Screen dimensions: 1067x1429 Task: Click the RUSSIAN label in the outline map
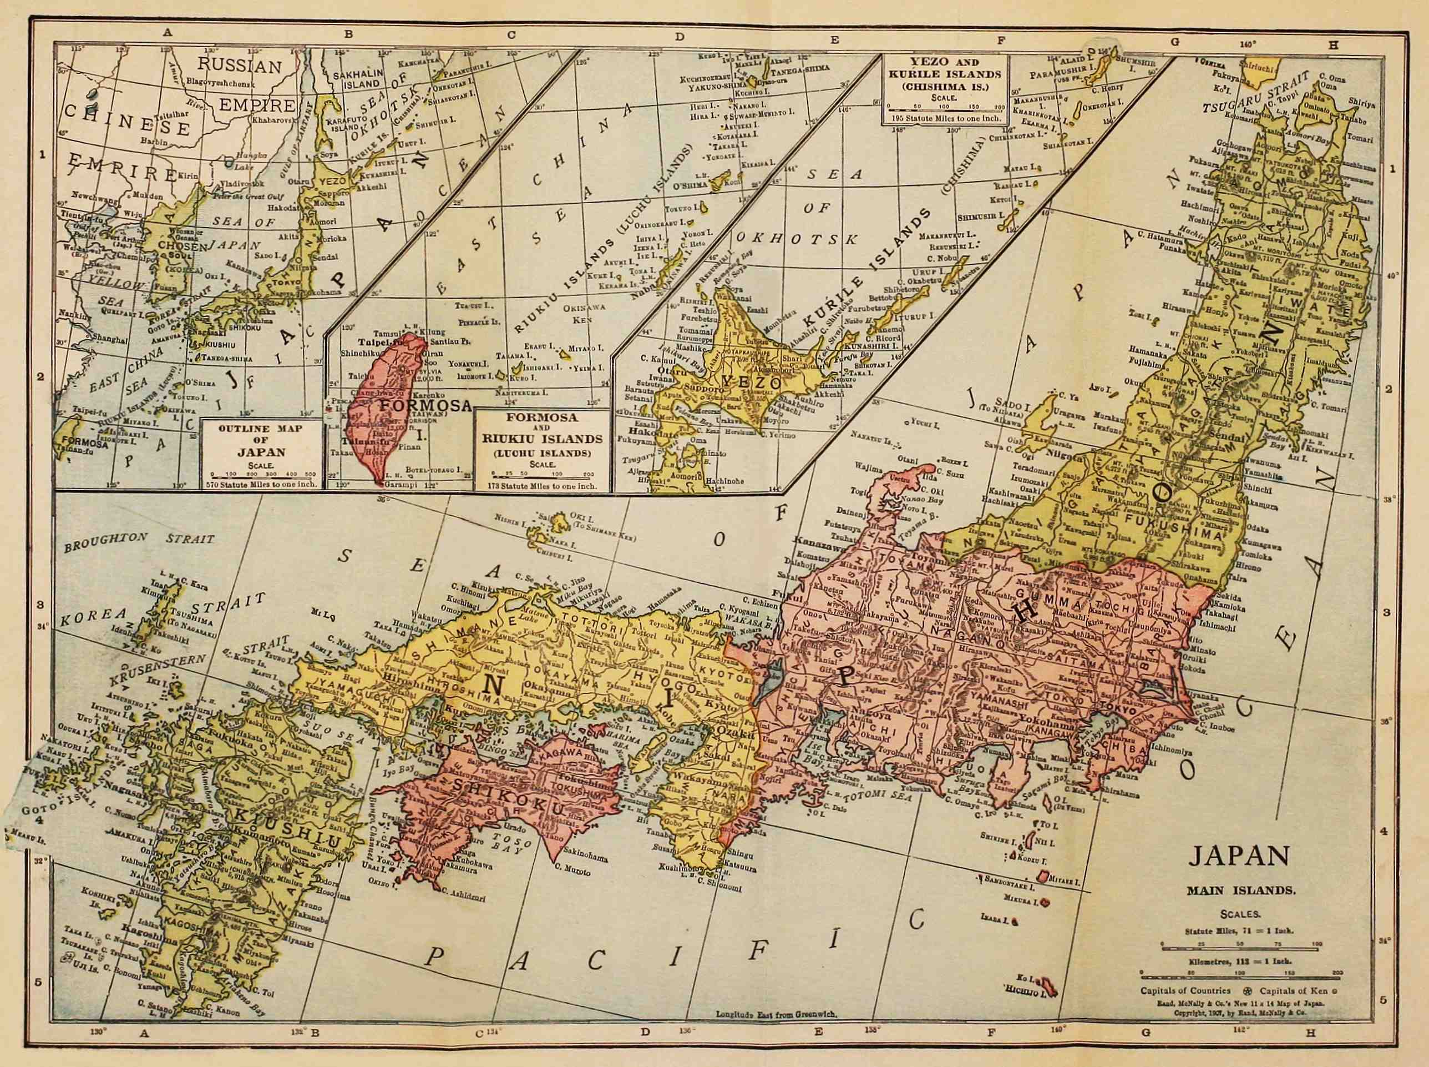coord(240,66)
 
